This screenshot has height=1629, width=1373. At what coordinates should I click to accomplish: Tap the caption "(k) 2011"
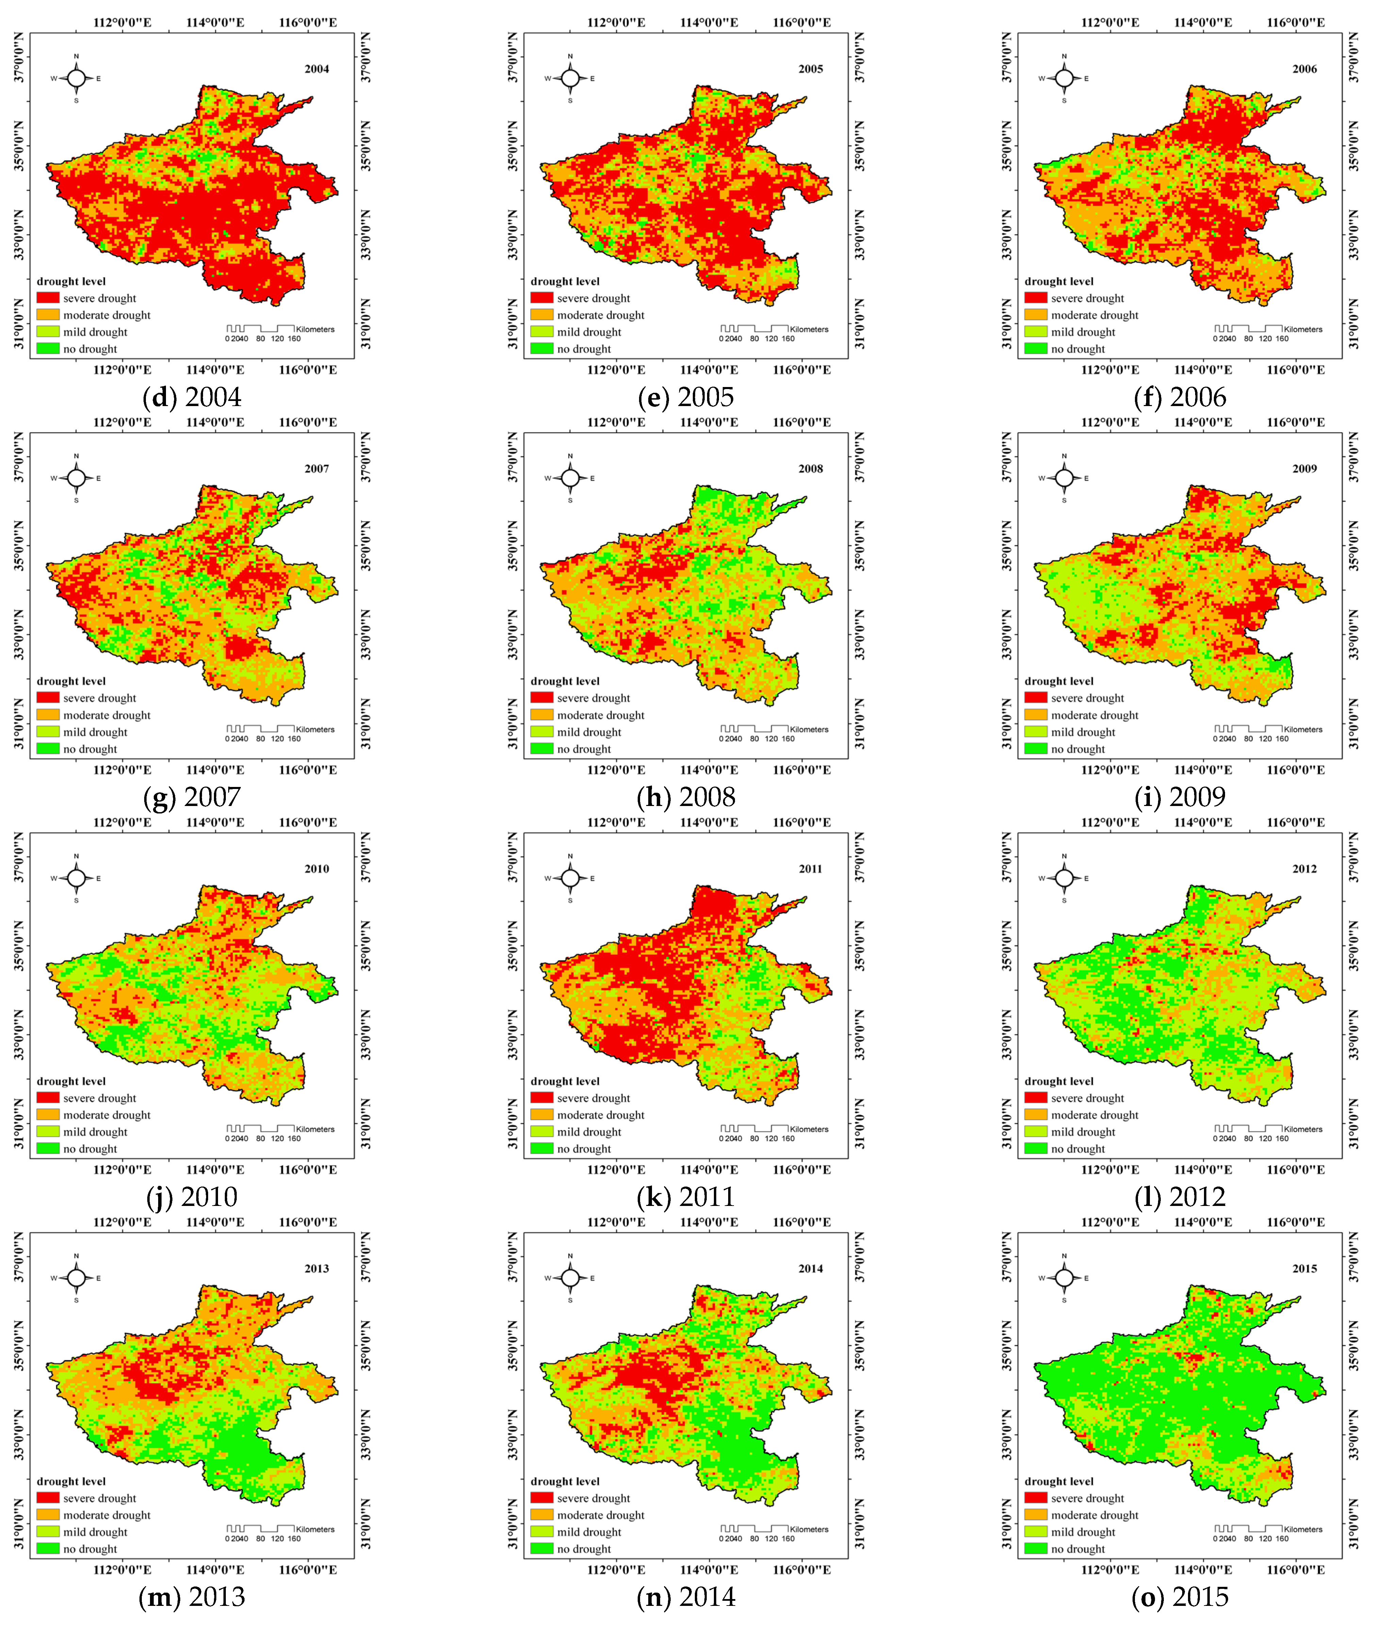[686, 1196]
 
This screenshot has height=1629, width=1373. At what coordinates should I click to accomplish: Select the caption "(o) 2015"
[1180, 1596]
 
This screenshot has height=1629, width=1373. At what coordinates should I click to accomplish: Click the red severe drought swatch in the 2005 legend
[542, 298]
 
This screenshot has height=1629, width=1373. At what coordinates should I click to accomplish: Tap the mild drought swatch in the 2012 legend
[1036, 1132]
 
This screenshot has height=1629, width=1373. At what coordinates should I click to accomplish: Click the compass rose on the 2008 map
[571, 478]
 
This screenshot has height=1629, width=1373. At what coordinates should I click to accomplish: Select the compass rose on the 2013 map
[76, 1278]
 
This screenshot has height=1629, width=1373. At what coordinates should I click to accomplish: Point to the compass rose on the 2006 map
[1064, 78]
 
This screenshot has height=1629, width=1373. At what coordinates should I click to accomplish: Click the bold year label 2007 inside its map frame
[317, 469]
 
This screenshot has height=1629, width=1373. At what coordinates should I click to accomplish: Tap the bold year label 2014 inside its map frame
[810, 1269]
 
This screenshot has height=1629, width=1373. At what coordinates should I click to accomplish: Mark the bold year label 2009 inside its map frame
[1305, 469]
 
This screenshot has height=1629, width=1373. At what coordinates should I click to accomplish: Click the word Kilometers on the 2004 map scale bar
[315, 329]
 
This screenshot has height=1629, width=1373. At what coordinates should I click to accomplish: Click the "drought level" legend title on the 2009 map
[1058, 681]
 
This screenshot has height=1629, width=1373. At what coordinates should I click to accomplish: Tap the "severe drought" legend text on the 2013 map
[100, 1498]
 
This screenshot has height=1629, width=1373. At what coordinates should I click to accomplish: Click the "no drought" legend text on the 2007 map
[90, 749]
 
